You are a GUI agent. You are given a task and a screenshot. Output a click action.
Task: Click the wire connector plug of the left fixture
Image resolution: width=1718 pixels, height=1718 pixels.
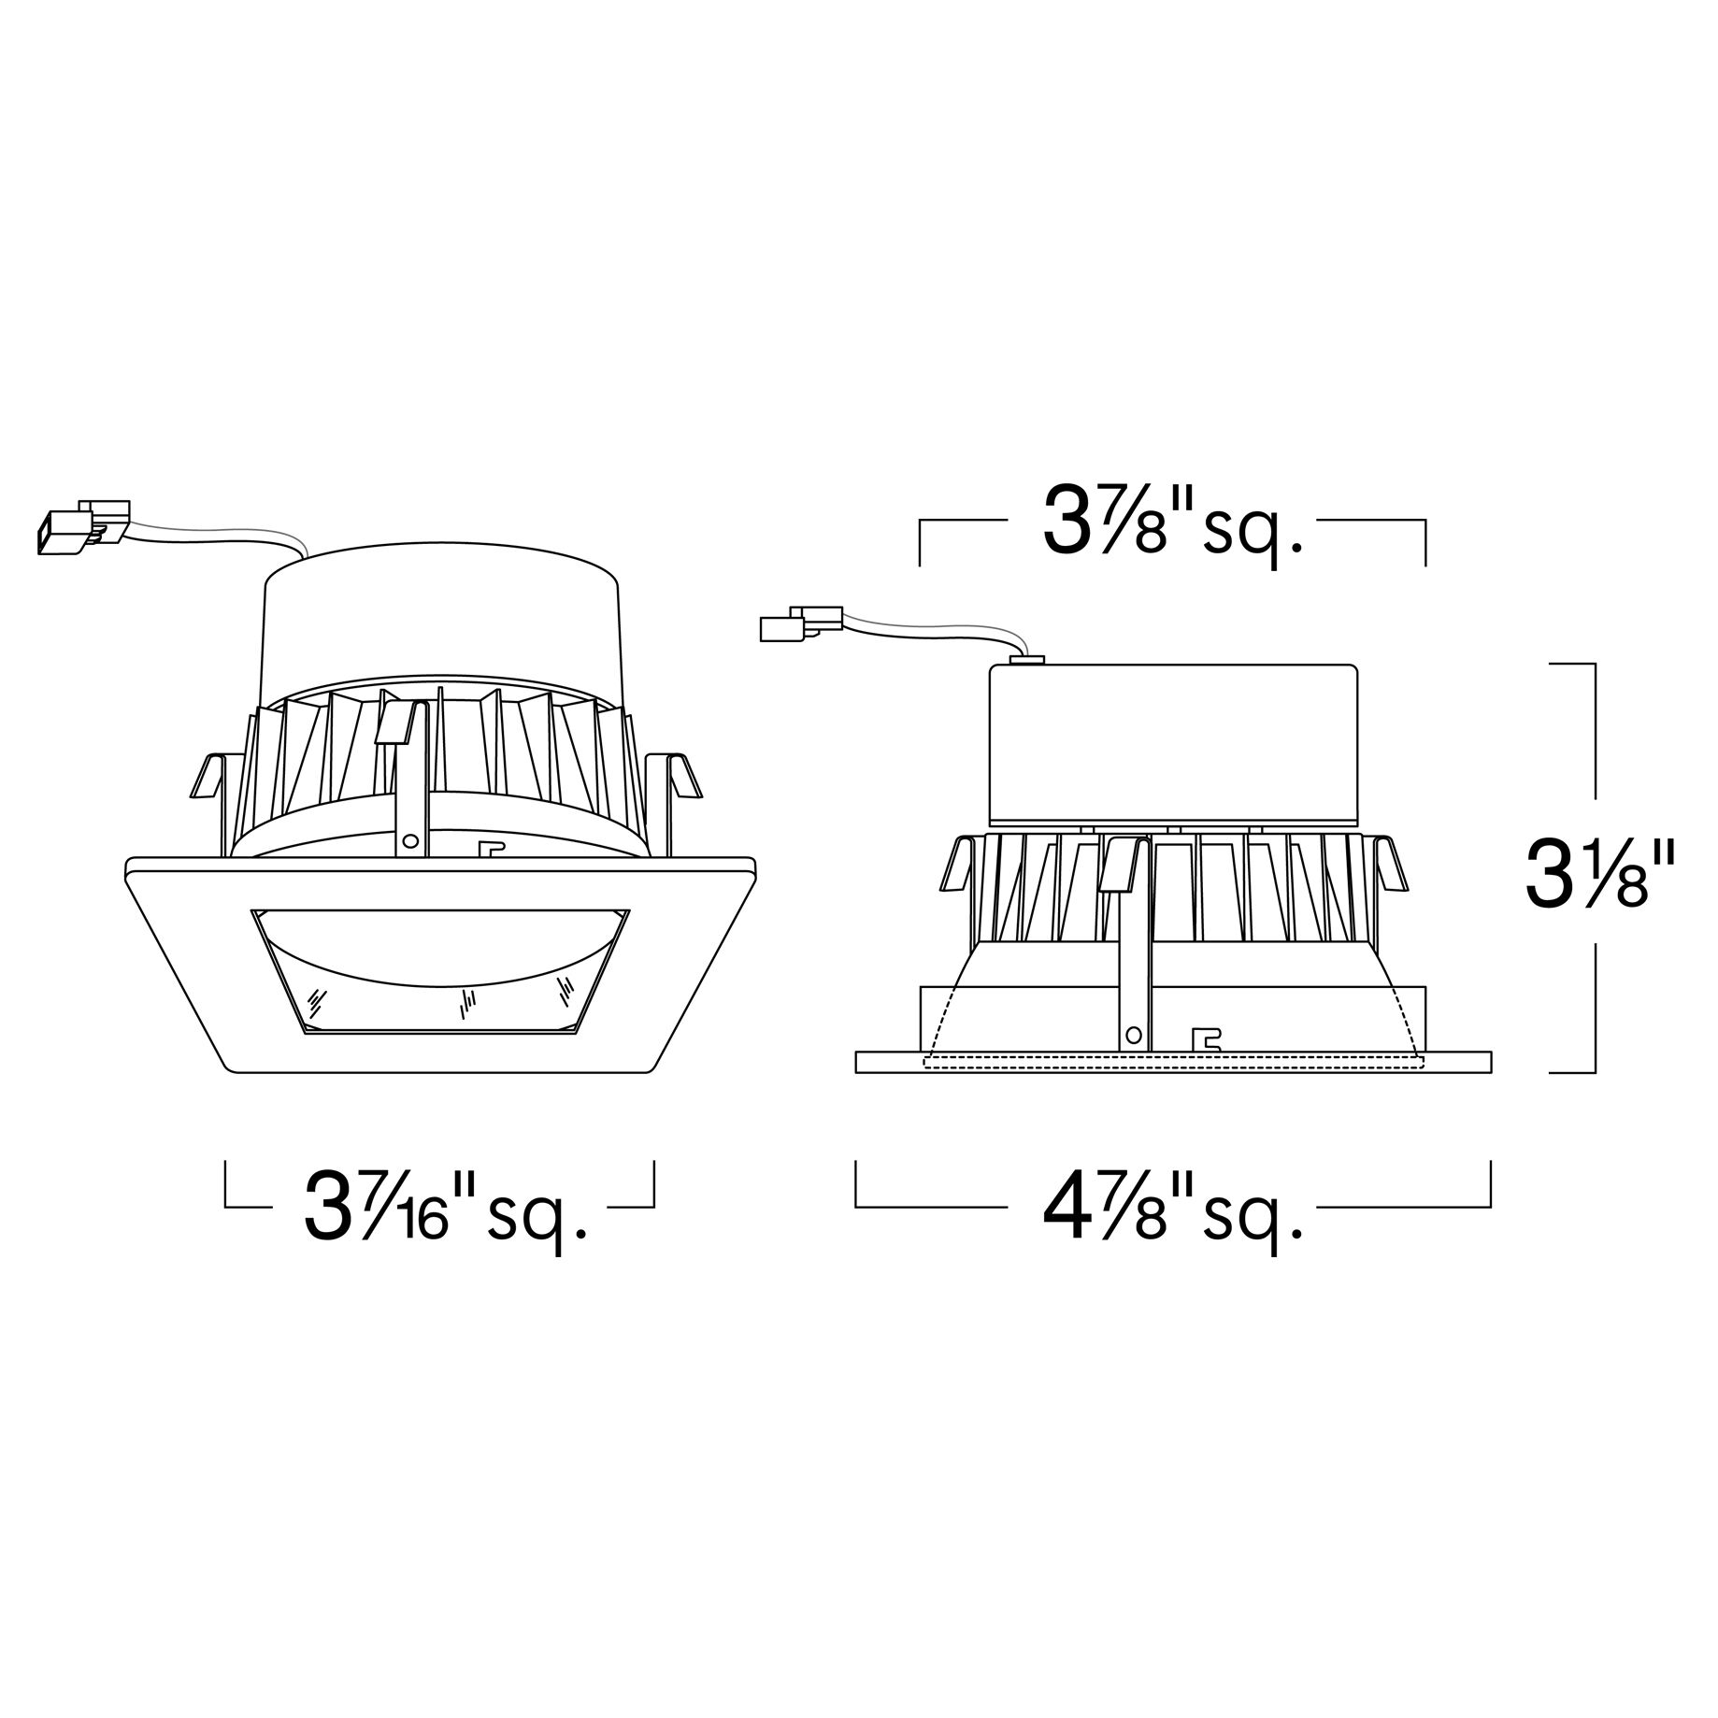83,528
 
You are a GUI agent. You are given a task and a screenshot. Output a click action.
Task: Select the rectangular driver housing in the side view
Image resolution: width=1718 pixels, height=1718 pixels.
1172,744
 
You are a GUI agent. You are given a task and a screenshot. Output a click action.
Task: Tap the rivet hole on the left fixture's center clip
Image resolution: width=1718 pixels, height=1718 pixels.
408,840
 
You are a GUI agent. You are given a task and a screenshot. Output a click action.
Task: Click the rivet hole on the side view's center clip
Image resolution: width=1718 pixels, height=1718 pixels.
1134,1035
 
